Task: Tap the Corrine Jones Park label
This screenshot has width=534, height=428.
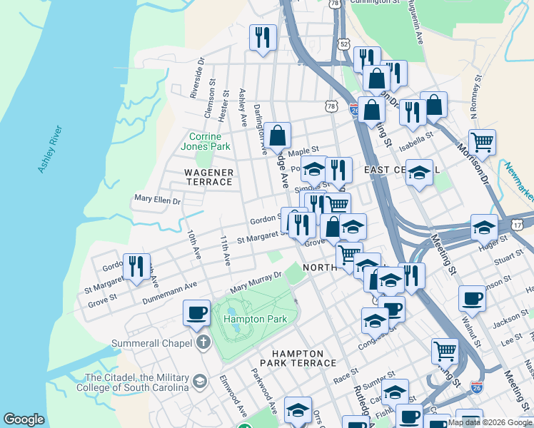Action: [x=209, y=141]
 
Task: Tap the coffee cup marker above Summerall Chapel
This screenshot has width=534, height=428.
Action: [x=196, y=312]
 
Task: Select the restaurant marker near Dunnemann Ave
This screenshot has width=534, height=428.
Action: [x=136, y=267]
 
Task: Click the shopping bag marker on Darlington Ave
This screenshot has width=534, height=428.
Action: [x=277, y=135]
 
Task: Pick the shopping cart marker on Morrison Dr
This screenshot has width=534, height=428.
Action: [x=482, y=141]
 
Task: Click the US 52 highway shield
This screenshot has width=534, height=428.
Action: [x=345, y=44]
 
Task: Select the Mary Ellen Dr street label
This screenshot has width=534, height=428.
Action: [x=157, y=201]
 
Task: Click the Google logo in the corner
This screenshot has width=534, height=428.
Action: [x=24, y=419]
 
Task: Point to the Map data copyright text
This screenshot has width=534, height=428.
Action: [x=490, y=422]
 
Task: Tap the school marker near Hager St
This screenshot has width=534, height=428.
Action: [x=484, y=228]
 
